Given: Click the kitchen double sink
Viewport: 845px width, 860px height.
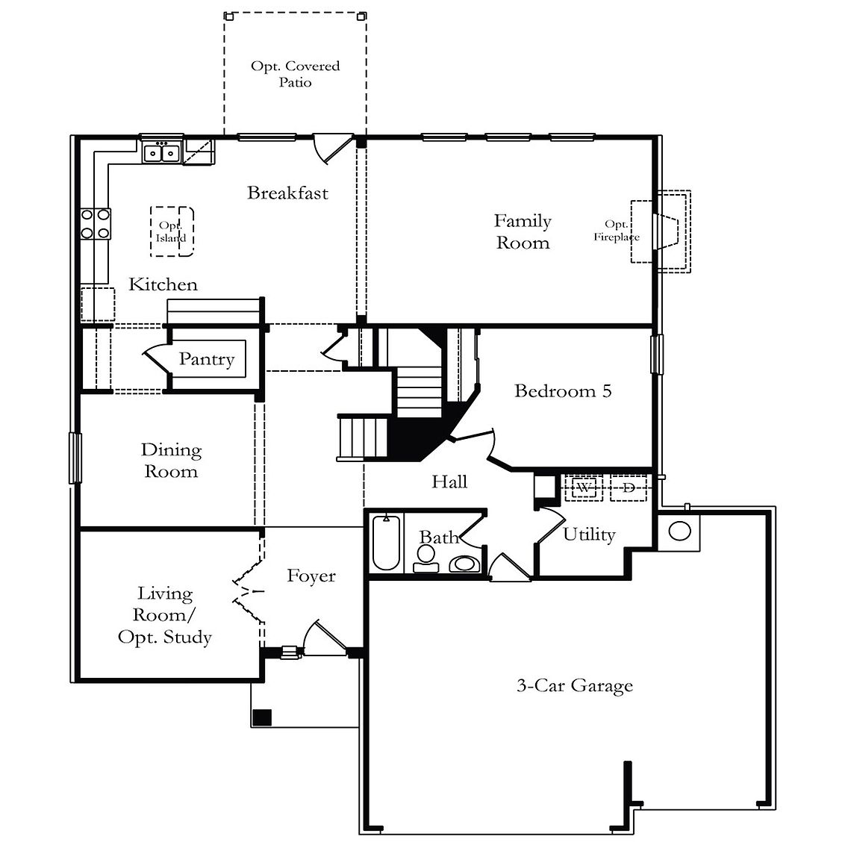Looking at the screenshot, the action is coord(162,152).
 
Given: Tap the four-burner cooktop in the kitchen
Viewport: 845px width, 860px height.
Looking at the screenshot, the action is coord(96,224).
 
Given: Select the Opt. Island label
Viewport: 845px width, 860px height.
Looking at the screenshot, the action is coord(171,231).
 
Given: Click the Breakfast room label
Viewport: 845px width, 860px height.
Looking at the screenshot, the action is coord(287,193).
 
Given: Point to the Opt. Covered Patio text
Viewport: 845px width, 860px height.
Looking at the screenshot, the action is coord(295,73).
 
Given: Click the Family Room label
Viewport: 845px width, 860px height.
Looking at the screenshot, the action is coord(523,231).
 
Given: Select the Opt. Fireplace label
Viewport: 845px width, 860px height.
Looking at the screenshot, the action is coord(617,231).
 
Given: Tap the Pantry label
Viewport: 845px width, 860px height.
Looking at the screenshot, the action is coord(207,358).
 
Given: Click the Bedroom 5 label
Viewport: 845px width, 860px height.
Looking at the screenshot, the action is coord(563,390).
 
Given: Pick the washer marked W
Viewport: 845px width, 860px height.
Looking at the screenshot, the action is coord(584,487).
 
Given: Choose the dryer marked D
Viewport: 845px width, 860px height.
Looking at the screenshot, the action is coord(629,487).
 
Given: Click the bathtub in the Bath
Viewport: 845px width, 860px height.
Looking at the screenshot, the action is coord(386,543).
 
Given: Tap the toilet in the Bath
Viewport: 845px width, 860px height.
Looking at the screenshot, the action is coord(425,559).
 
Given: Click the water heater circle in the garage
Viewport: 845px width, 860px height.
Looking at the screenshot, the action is coord(679,531).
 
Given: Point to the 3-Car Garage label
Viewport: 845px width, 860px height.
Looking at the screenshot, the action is coord(575,685).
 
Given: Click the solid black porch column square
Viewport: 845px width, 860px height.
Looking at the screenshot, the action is coord(262,717).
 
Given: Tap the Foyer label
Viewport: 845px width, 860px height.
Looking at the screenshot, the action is coord(311,576).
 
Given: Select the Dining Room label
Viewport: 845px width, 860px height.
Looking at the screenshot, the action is coord(171,460).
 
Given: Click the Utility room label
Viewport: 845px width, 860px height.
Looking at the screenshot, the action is coord(589,535).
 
